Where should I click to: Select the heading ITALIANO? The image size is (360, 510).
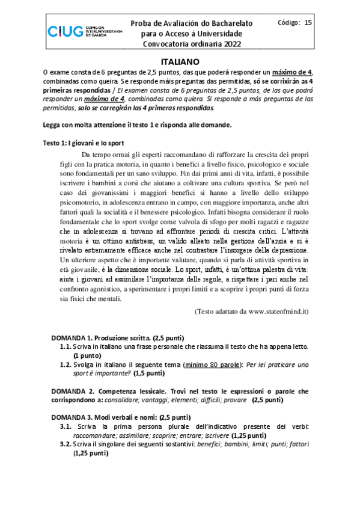(x=180, y=61)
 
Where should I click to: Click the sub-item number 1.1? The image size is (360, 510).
(x=66, y=347)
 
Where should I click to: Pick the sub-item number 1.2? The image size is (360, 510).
(x=66, y=364)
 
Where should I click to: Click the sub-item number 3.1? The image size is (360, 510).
(x=66, y=426)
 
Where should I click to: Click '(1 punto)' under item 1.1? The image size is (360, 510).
(x=90, y=355)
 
